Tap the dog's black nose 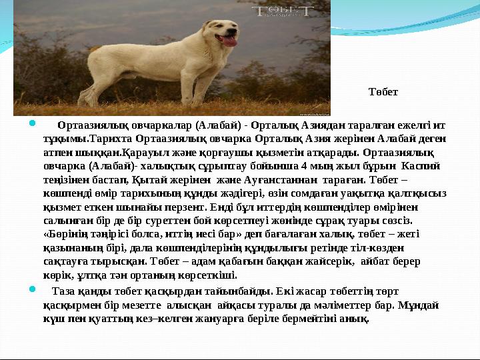coord(235,31)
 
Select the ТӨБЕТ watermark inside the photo coord(284,12)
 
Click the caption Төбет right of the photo coord(383,91)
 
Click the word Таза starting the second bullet coord(63,291)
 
